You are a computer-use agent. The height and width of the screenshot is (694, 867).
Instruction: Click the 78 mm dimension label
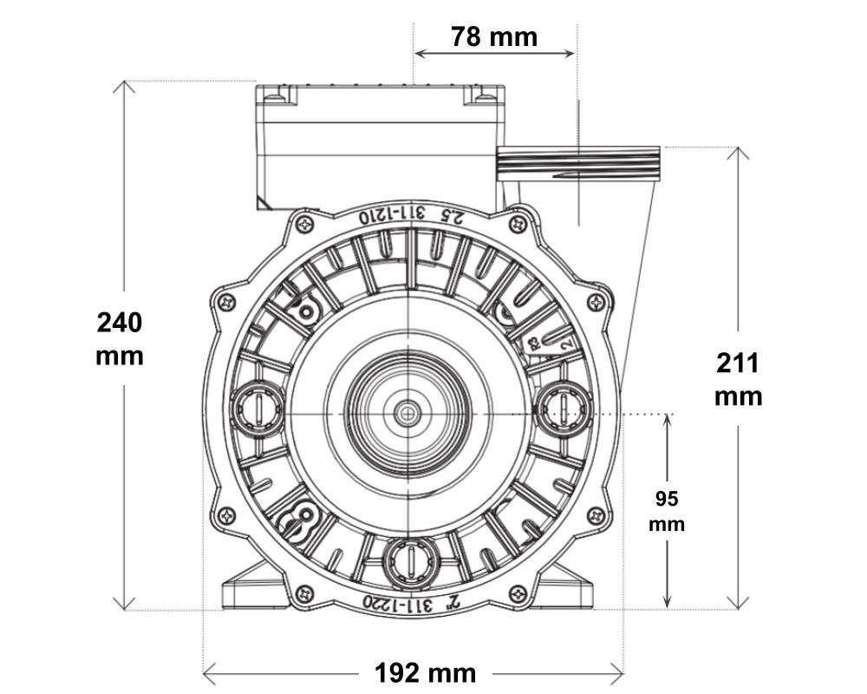(494, 37)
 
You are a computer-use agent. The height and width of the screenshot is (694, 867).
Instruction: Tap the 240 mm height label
(120, 338)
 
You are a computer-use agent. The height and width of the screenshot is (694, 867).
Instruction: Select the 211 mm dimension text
(738, 380)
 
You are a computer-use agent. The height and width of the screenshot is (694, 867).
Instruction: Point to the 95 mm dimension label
(667, 511)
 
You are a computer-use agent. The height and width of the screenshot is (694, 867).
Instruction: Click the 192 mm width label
(425, 673)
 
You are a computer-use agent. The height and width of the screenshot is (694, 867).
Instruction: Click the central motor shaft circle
(407, 414)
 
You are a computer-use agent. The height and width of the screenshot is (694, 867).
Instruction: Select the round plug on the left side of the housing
(257, 409)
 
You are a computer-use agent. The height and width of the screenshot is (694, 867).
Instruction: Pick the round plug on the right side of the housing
(563, 409)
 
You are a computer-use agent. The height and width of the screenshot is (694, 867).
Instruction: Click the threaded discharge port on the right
(578, 163)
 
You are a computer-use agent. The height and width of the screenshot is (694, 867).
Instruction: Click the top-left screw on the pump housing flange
(305, 224)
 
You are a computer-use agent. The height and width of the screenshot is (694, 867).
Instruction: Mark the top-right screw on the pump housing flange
(518, 224)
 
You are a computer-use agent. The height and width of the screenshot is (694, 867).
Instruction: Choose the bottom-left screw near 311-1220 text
(304, 594)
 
